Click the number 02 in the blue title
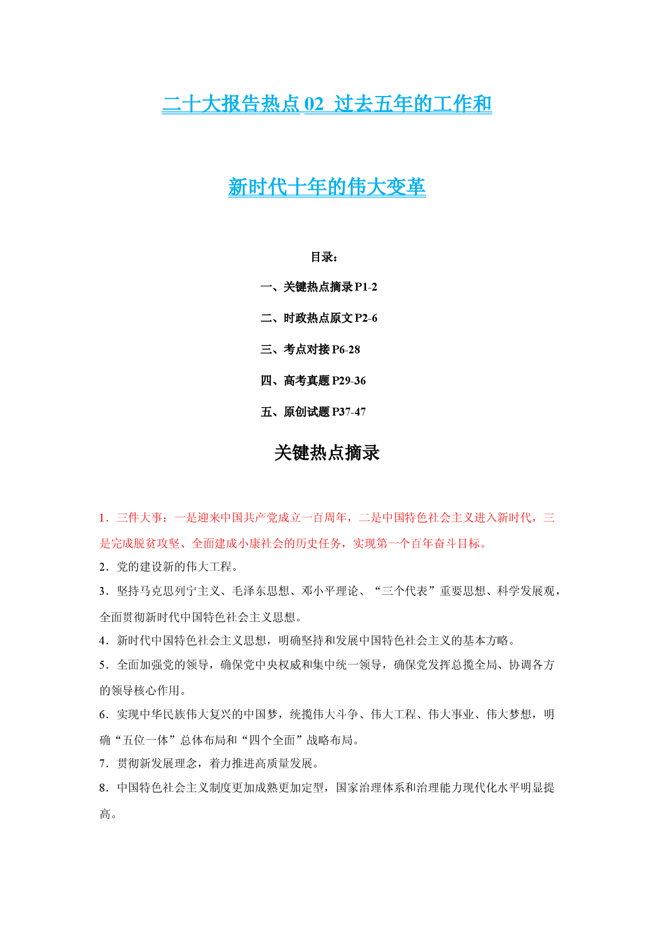[x=314, y=104]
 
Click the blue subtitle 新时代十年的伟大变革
[x=327, y=187]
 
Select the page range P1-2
[x=366, y=287]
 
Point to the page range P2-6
[x=366, y=318]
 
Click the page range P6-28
[x=346, y=349]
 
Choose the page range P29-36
[x=349, y=381]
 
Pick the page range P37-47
[x=349, y=412]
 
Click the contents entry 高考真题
[x=306, y=381]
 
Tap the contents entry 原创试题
[x=306, y=412]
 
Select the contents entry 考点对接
[x=306, y=349]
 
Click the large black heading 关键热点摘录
[x=327, y=453]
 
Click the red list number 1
[x=102, y=518]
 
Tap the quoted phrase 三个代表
[x=405, y=591]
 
